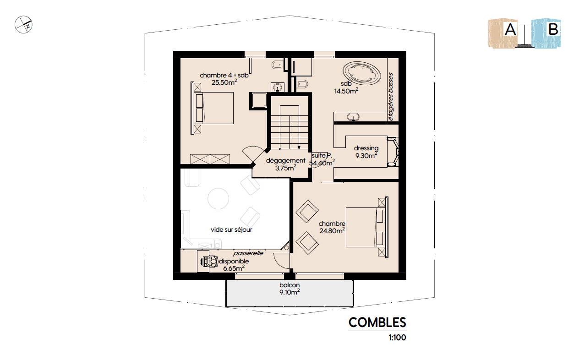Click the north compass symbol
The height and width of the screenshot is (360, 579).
[23, 25]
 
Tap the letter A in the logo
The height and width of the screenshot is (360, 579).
[510, 29]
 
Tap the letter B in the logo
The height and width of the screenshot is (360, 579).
[553, 29]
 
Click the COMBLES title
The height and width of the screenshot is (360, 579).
[377, 322]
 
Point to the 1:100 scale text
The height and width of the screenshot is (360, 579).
[397, 338]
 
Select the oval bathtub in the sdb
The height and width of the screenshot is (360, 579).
[361, 74]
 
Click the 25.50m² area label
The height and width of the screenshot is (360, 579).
[224, 82]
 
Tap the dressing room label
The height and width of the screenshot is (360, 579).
[366, 148]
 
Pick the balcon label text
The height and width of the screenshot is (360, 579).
[289, 285]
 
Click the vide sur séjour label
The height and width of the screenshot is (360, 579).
[231, 230]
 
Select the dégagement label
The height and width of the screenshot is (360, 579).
[286, 160]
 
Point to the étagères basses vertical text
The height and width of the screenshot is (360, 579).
[391, 97]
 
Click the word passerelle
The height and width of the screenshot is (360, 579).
[248, 253]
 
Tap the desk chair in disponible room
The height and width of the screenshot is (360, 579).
[209, 262]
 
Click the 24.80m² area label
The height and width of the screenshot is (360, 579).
[332, 230]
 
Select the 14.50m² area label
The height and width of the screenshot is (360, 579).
[346, 91]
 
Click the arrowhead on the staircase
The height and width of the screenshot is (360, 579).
[299, 147]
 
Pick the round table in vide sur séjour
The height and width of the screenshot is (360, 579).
[218, 198]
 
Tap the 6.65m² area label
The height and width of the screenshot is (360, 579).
[234, 268]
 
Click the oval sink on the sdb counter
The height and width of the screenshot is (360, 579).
[353, 117]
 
